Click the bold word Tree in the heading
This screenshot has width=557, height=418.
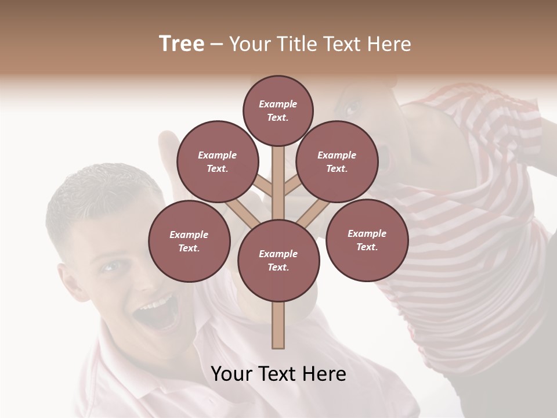click(x=182, y=44)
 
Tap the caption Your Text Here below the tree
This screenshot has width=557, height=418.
click(x=278, y=374)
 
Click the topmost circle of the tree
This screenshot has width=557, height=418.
click(x=278, y=110)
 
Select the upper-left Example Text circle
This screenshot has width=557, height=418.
click(x=218, y=161)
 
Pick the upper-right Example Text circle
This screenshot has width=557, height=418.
click(x=337, y=161)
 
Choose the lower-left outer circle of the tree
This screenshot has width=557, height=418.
click(x=189, y=241)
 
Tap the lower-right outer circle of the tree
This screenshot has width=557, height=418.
click(x=367, y=240)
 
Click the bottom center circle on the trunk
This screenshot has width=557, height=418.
click(x=278, y=260)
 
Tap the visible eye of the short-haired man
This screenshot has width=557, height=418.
click(x=110, y=266)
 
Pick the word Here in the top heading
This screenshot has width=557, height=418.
click(x=388, y=44)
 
